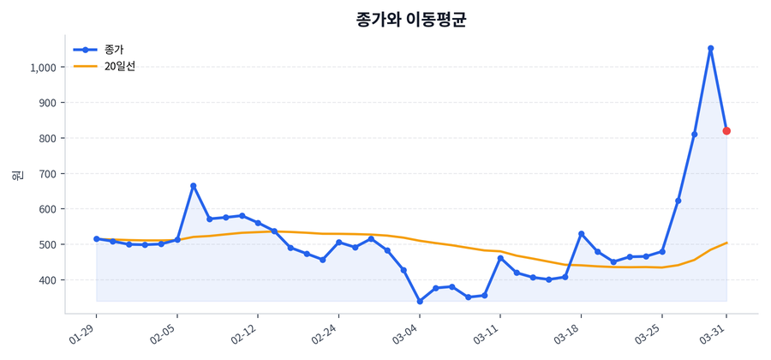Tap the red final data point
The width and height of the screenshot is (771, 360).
pyautogui.click(x=726, y=131)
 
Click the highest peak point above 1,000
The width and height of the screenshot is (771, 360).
pyautogui.click(x=710, y=49)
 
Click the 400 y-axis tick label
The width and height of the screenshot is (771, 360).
pyautogui.click(x=47, y=280)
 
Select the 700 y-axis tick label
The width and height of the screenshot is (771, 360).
pyautogui.click(x=47, y=174)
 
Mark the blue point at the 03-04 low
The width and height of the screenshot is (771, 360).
pyautogui.click(x=420, y=301)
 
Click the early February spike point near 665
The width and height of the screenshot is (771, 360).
pyautogui.click(x=194, y=186)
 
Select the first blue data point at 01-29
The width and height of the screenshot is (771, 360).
pyautogui.click(x=97, y=238)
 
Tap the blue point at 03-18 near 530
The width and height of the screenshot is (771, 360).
pyautogui.click(x=581, y=234)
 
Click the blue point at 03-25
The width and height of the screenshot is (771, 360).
pyautogui.click(x=662, y=251)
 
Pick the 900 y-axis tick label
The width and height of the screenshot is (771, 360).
pyautogui.click(x=47, y=103)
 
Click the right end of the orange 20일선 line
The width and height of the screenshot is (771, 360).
pyautogui.click(x=726, y=243)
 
